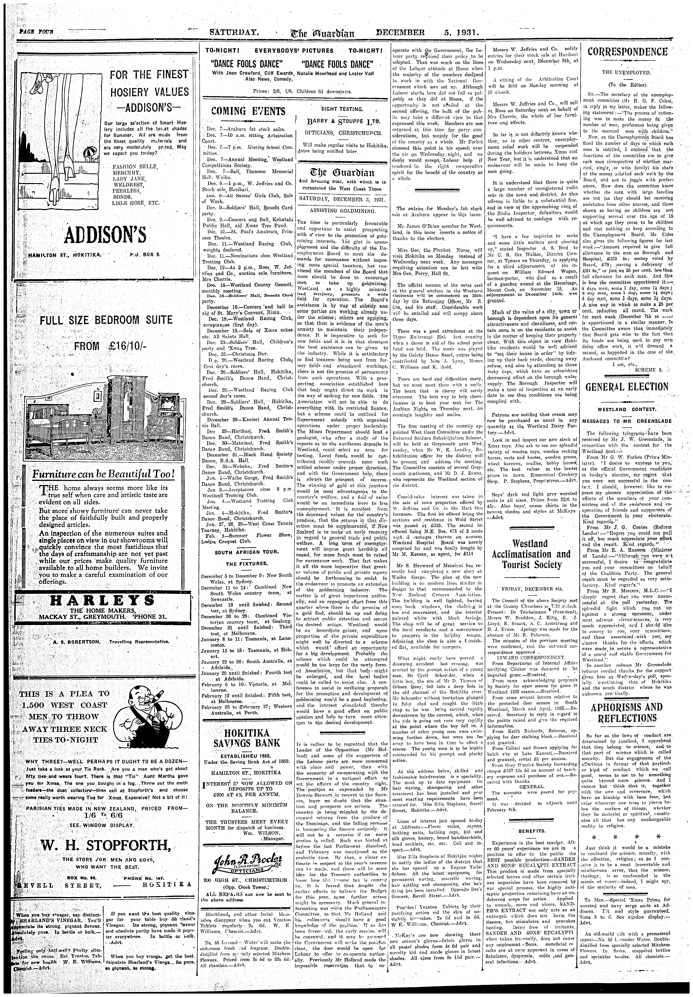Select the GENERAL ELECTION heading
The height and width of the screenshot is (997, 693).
(x=627, y=387)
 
